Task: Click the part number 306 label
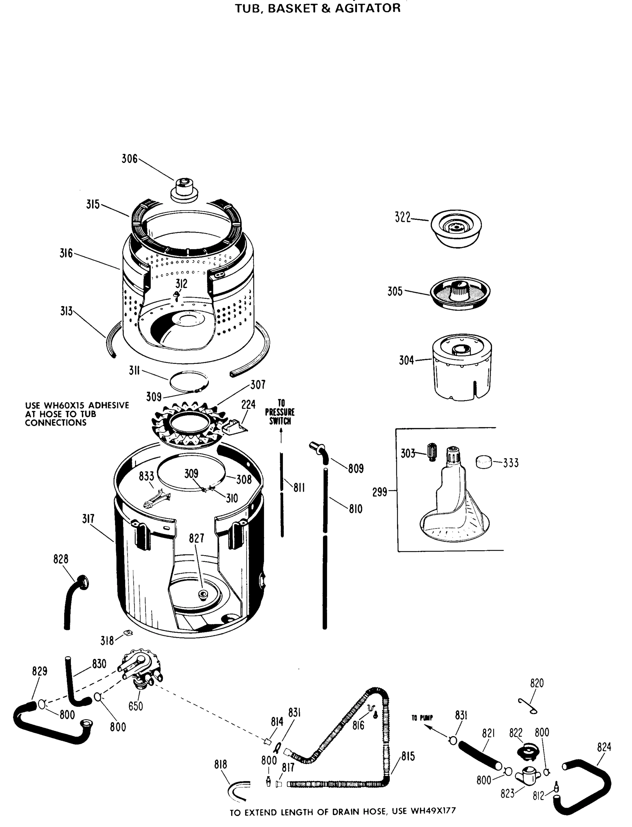129,159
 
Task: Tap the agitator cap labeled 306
184,189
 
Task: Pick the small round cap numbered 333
484,461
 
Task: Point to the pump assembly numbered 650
141,671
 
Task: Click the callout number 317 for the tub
88,519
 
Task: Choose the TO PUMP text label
422,718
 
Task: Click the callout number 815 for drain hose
408,756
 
